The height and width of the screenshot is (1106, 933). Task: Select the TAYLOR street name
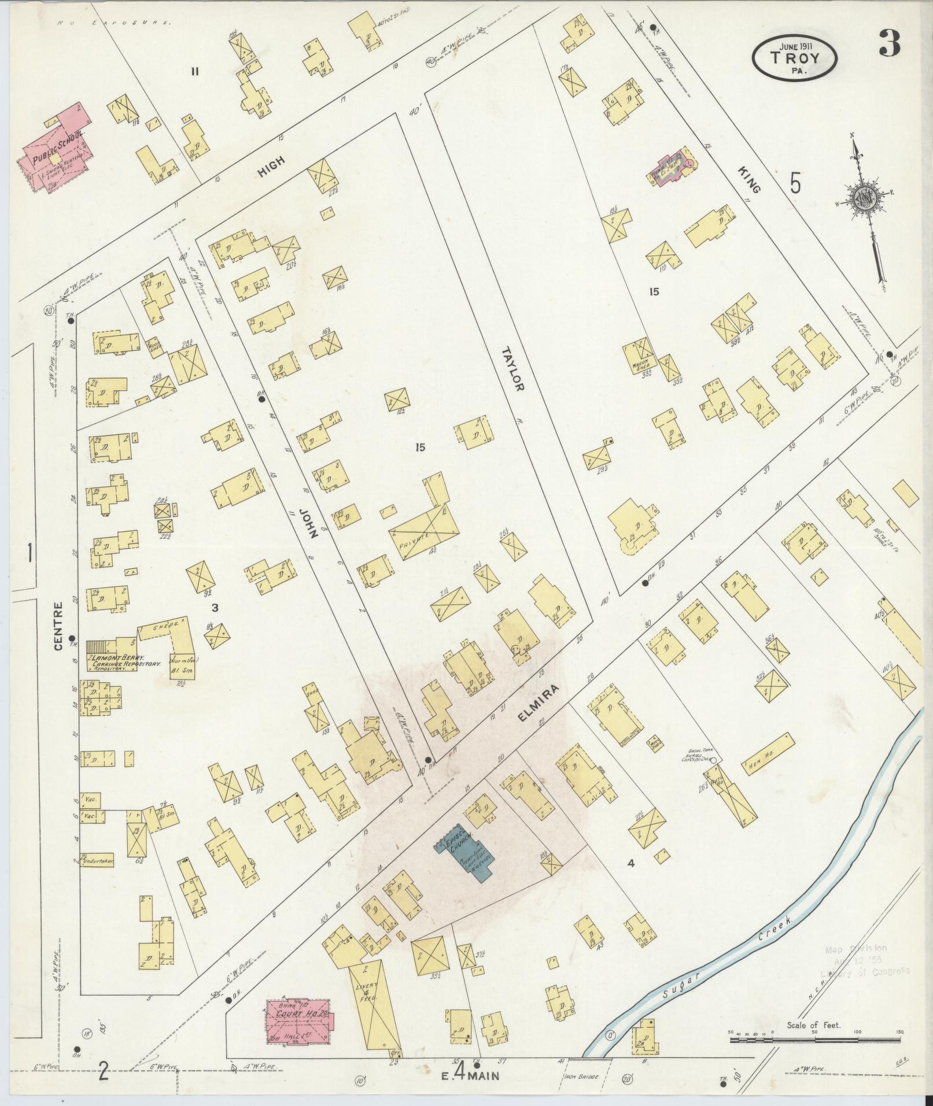click(512, 369)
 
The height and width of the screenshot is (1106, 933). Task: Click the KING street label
click(750, 180)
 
